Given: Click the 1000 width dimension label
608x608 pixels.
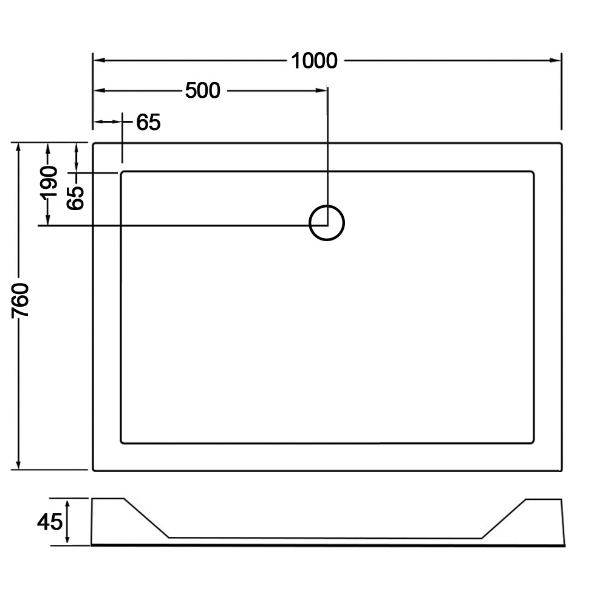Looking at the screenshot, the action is pyautogui.click(x=314, y=61).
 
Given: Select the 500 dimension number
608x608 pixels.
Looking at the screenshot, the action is pyautogui.click(x=202, y=91).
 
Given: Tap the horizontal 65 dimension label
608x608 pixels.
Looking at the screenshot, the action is pyautogui.click(x=149, y=122).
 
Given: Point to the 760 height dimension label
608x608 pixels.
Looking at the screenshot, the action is pyautogui.click(x=21, y=300).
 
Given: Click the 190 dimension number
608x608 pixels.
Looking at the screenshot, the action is pyautogui.click(x=49, y=182).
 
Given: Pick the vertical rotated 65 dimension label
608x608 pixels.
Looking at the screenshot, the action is pyautogui.click(x=75, y=198).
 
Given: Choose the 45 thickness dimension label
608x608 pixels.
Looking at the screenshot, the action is pyautogui.click(x=50, y=522).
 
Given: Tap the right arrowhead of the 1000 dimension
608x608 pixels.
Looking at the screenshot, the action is pyautogui.click(x=555, y=61).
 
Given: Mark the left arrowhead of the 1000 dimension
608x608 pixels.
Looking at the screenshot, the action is pyautogui.click(x=100, y=61).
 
